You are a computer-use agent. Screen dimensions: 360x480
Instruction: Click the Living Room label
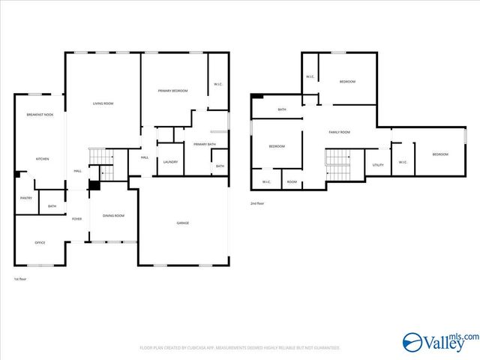103,103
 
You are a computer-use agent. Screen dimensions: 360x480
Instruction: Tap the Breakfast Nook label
40,115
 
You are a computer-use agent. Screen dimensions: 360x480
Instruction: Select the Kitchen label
43,159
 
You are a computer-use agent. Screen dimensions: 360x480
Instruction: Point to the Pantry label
25,198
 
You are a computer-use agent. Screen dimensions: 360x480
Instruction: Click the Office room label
40,242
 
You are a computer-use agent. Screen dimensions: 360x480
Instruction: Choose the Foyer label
76,219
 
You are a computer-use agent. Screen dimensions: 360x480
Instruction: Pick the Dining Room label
112,216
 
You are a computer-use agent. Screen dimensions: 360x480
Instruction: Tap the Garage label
182,223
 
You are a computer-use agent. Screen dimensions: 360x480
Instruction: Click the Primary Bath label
204,144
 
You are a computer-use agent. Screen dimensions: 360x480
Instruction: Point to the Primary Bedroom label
172,91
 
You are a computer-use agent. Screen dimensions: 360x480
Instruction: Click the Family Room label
340,132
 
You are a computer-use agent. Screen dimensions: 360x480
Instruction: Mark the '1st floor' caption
20,279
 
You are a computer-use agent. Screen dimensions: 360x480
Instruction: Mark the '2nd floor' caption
257,203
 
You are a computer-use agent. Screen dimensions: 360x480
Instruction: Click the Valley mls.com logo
439,342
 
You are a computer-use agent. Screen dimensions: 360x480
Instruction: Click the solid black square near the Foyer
94,186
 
